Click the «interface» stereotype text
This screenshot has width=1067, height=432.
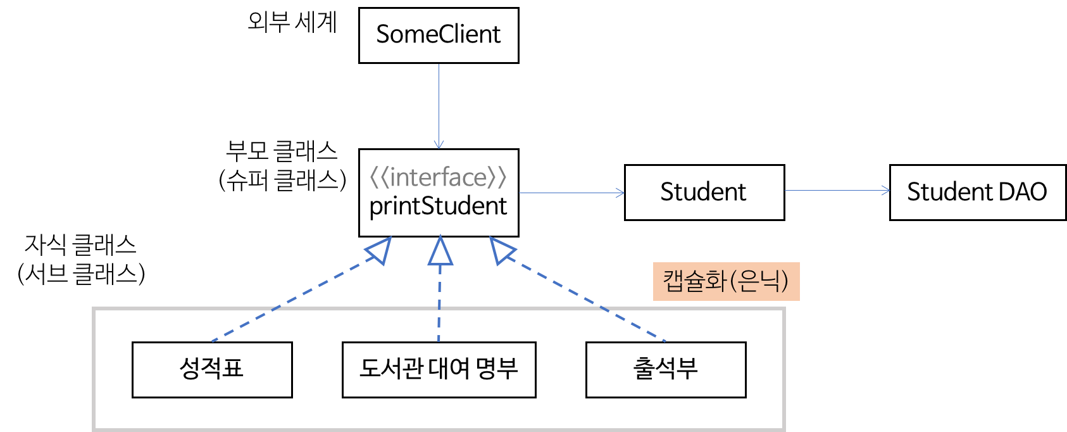(438, 178)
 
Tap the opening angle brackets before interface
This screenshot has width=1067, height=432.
(378, 178)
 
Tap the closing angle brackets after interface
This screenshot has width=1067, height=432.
(497, 178)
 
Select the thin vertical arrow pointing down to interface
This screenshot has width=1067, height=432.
(439, 101)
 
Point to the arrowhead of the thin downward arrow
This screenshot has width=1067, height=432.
(439, 145)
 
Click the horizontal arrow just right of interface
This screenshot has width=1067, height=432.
(570, 193)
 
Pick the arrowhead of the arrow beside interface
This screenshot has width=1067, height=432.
(621, 193)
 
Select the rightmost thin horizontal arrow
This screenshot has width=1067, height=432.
(835, 190)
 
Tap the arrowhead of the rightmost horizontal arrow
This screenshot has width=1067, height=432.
(887, 190)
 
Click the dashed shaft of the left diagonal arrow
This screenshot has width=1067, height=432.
(291, 300)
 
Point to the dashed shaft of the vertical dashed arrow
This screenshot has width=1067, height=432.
(440, 304)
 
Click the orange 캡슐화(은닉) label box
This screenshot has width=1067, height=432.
(726, 281)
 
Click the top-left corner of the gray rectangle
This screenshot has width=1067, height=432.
(94, 309)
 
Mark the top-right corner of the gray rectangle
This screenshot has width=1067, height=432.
(784, 309)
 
